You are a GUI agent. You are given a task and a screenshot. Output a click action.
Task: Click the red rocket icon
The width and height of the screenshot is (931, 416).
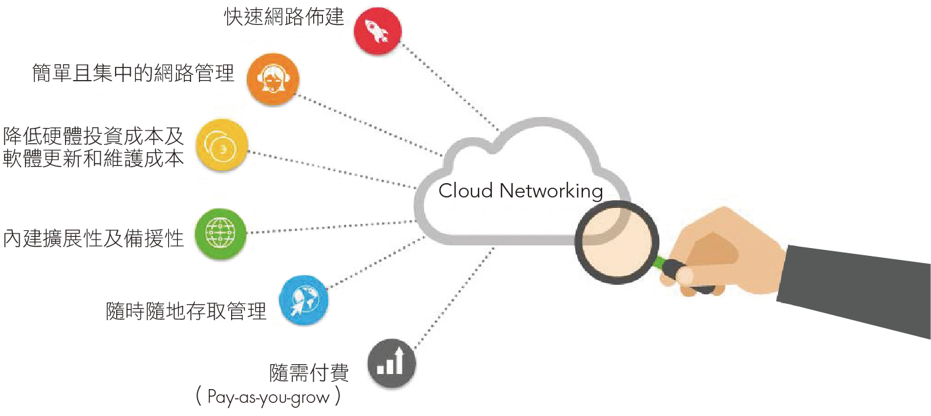[378, 31]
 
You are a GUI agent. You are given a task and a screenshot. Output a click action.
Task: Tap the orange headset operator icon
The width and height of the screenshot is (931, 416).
[272, 79]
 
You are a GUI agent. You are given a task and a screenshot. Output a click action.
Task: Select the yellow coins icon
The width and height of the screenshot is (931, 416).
[221, 145]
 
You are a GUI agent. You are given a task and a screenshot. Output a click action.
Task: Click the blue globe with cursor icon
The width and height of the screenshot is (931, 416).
[303, 301]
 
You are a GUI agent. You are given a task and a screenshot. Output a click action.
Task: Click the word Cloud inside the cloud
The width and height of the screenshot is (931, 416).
[465, 191]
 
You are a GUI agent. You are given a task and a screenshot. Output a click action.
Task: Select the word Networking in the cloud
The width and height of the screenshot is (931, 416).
[551, 192]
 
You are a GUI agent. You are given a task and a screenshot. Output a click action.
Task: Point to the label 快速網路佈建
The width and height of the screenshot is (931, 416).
[284, 17]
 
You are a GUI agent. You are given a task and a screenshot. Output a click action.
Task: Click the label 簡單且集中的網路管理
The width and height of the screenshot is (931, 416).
[133, 73]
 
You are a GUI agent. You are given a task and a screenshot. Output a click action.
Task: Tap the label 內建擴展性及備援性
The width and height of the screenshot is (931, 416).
[93, 238]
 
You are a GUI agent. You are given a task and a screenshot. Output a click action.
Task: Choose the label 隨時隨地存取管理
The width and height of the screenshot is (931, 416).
[186, 311]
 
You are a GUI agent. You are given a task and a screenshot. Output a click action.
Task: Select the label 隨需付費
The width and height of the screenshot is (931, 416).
[309, 373]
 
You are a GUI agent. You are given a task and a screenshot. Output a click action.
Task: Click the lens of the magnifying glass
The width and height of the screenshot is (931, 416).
[617, 243]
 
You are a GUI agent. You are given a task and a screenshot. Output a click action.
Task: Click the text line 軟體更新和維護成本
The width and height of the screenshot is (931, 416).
[93, 159]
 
